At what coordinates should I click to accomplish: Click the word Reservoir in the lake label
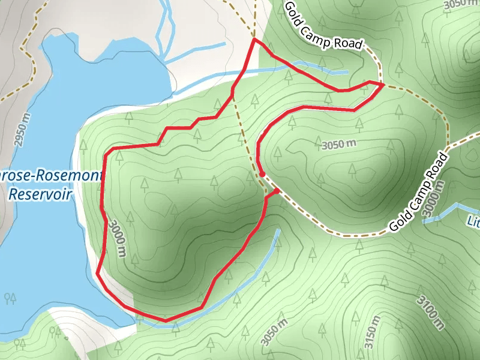[41, 194]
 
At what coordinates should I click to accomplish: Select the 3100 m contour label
[431, 311]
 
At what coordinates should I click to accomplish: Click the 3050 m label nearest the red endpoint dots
[339, 144]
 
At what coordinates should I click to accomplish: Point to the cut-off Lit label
[473, 222]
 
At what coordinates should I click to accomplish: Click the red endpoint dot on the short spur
[277, 191]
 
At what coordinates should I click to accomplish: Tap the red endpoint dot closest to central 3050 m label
[262, 174]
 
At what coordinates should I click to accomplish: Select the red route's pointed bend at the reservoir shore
[97, 273]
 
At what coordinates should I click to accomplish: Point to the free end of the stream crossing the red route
[347, 73]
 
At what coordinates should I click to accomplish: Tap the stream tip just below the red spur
[278, 230]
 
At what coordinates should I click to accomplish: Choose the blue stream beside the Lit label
[444, 213]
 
